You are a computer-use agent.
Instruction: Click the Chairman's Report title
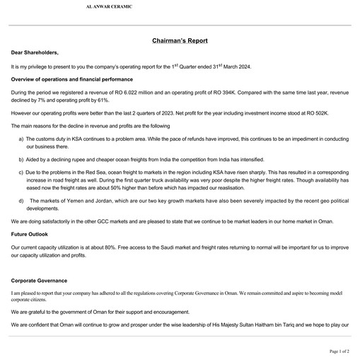[180, 41]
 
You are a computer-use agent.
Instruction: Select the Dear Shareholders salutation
[35, 52]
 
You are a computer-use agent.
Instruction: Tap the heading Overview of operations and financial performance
[71, 80]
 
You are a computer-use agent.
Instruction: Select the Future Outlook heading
[30, 233]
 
